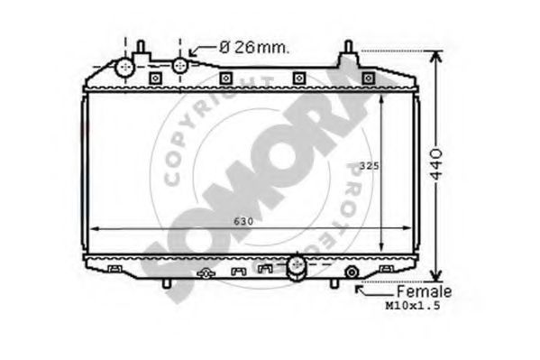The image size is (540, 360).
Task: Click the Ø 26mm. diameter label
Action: coord(254,48)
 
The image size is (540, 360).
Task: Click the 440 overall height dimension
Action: coord(436,164)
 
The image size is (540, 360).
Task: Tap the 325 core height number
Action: coord(369,166)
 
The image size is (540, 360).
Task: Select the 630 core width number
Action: coord(243,221)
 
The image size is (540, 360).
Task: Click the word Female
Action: coord(424,291)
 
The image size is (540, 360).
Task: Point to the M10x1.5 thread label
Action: coord(413,306)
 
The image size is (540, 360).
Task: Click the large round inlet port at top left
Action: coord(124,68)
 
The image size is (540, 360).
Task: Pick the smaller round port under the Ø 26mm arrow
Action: coord(179,66)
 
